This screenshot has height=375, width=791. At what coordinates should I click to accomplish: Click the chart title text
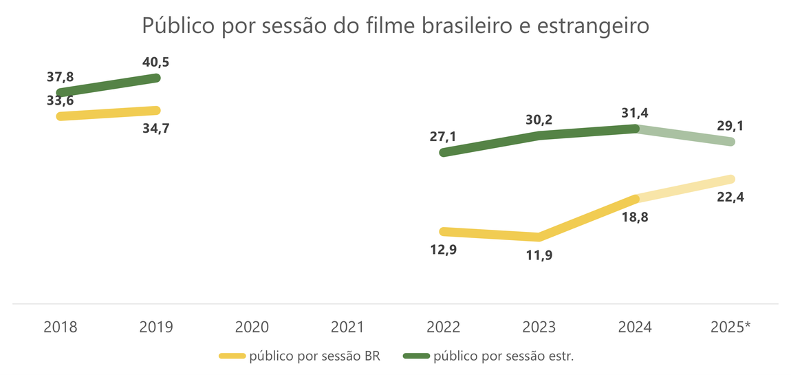click(395, 26)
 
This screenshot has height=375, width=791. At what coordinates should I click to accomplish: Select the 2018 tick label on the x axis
click(61, 327)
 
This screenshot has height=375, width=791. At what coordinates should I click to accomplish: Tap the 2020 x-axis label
click(252, 327)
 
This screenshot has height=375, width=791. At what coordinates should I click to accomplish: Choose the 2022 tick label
click(444, 327)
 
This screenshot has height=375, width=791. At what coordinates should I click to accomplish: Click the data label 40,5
click(155, 63)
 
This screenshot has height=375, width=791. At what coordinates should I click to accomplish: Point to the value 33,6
click(61, 100)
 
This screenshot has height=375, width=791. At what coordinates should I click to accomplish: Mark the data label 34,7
click(155, 128)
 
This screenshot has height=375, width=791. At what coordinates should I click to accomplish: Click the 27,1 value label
click(442, 136)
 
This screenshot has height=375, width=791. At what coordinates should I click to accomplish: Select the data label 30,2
click(539, 120)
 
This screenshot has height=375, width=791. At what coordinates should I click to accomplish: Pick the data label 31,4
click(635, 112)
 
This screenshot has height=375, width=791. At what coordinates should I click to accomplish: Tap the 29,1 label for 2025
click(730, 127)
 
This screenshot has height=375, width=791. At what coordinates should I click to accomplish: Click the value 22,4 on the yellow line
click(730, 197)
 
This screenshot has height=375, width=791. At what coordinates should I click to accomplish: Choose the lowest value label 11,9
click(539, 255)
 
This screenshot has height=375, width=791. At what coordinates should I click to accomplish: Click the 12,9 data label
click(442, 249)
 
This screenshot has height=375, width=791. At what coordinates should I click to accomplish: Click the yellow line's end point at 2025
click(730, 179)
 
